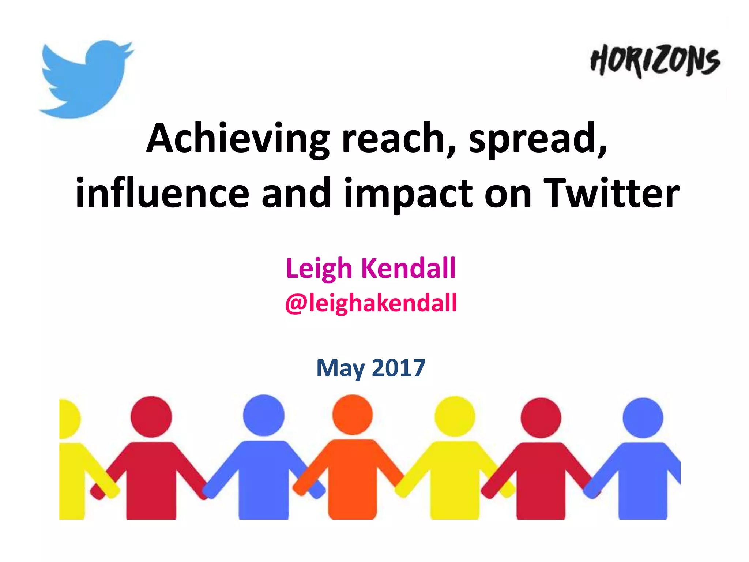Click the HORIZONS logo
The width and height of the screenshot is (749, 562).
point(655,61)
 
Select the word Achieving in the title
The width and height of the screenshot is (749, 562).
point(238,139)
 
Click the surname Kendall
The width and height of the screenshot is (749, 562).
point(409,268)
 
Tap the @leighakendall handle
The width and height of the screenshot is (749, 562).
point(371,303)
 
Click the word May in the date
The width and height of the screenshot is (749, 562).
point(340,368)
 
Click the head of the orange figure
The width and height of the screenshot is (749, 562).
point(352,415)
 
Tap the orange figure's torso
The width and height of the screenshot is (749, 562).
point(352,476)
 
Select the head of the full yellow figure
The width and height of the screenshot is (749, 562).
point(455,416)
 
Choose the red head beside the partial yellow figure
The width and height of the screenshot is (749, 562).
point(151,416)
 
